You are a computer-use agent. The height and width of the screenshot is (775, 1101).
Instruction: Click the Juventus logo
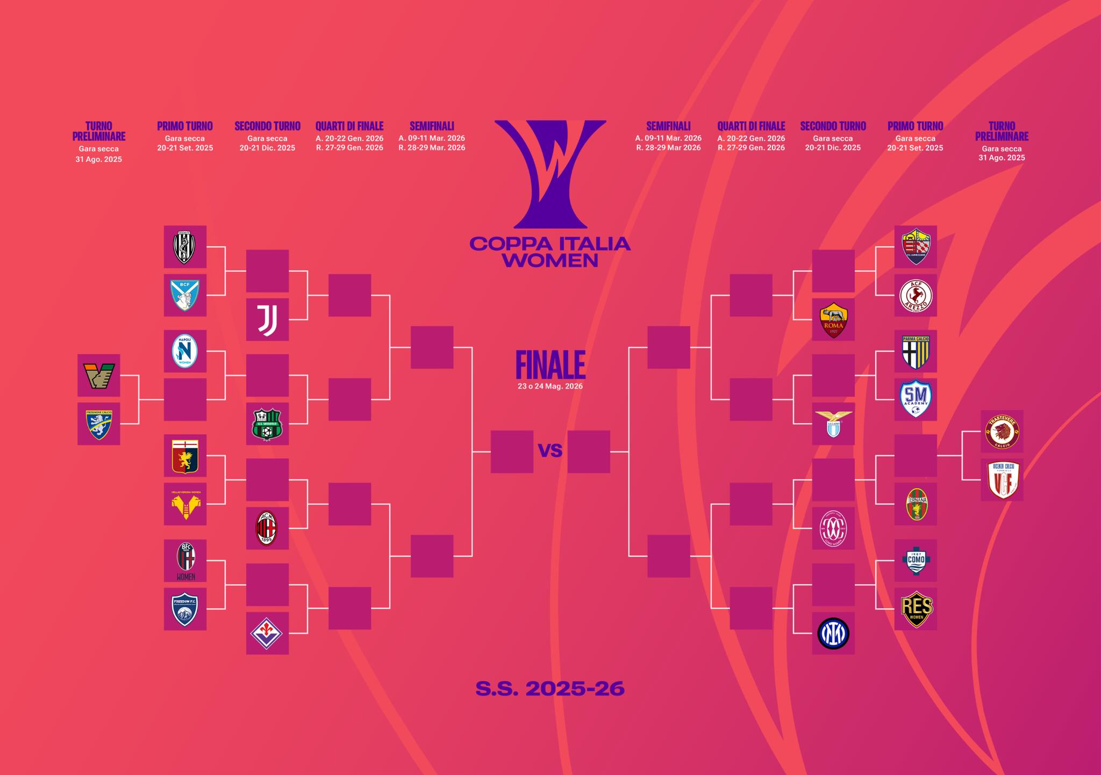click(x=267, y=320)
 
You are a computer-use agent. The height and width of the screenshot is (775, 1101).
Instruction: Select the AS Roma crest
click(x=833, y=320)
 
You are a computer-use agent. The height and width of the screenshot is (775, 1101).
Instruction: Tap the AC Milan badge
click(x=267, y=528)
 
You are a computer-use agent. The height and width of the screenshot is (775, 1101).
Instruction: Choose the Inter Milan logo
click(x=833, y=633)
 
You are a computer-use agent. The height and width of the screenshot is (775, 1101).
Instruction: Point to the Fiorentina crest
click(x=267, y=633)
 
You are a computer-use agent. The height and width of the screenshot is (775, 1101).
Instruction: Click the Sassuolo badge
click(x=267, y=424)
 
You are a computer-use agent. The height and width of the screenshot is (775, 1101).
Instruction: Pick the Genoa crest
click(x=185, y=456)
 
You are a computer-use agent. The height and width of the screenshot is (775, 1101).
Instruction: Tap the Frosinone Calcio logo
click(x=99, y=424)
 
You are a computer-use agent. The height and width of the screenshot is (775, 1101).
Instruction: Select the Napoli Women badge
click(x=185, y=351)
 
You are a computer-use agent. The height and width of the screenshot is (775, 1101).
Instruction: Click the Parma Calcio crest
click(x=915, y=351)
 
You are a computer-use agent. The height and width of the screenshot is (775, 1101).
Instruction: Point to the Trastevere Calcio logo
click(x=1002, y=432)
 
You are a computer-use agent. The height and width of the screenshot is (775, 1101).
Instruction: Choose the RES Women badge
click(x=915, y=609)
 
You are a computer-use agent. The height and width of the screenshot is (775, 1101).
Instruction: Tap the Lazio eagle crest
click(x=833, y=424)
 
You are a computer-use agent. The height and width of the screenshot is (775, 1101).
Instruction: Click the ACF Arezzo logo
click(x=915, y=296)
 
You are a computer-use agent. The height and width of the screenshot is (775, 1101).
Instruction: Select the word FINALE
click(x=550, y=365)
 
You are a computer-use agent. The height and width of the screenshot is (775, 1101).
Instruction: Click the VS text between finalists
click(x=550, y=450)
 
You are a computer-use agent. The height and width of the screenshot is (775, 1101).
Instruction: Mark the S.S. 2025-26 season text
click(x=550, y=688)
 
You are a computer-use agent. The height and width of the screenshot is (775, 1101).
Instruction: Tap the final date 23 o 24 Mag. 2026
click(x=550, y=386)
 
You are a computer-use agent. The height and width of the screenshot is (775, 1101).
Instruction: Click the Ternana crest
click(x=915, y=504)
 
